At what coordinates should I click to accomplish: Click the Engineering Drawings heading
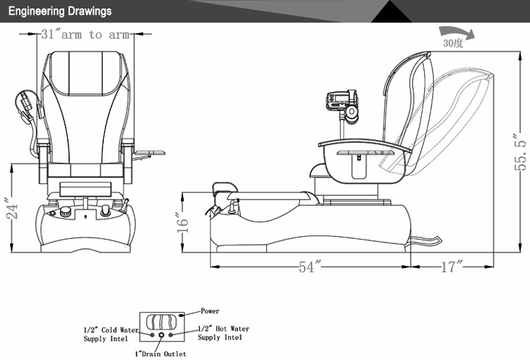[x=60, y=11]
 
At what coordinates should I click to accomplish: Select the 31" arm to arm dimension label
[x=86, y=34]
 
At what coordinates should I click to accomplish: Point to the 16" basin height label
[x=182, y=222]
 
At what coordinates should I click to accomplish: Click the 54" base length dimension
[x=310, y=267]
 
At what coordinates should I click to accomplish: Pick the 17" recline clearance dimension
[x=452, y=267]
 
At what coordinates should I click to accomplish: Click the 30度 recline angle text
[x=452, y=43]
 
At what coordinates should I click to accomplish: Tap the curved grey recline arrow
[x=457, y=31]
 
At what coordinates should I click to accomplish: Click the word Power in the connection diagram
[x=210, y=311]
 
